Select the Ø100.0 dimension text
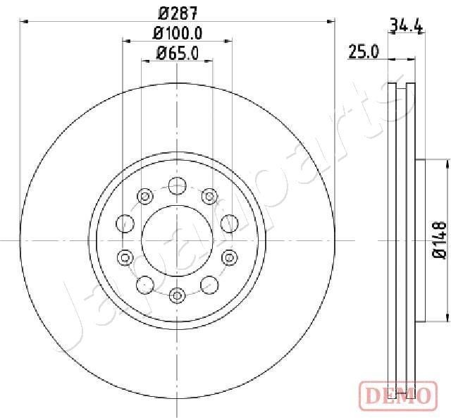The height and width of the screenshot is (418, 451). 178,33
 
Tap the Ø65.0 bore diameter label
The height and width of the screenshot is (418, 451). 178,52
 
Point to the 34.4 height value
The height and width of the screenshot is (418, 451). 406,27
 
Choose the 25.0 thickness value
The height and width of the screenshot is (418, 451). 364,51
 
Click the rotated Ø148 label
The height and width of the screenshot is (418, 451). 439,240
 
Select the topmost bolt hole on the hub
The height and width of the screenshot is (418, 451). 178,186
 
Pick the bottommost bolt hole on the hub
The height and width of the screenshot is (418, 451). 178,294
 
